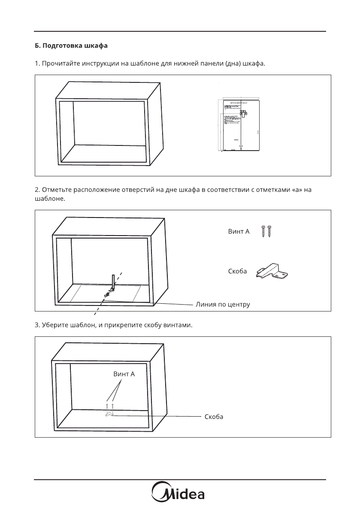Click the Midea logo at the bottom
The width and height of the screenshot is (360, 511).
[180, 494]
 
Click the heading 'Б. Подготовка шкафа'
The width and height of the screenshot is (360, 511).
[68, 45]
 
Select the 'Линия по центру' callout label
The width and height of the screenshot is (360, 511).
[222, 304]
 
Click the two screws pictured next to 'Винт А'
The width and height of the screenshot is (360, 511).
[266, 231]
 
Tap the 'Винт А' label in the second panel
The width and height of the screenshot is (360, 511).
[238, 232]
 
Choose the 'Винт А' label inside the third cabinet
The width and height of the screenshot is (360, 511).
[124, 374]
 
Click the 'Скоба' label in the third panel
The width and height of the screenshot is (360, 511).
[214, 417]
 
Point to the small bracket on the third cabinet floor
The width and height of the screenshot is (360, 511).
[108, 414]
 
